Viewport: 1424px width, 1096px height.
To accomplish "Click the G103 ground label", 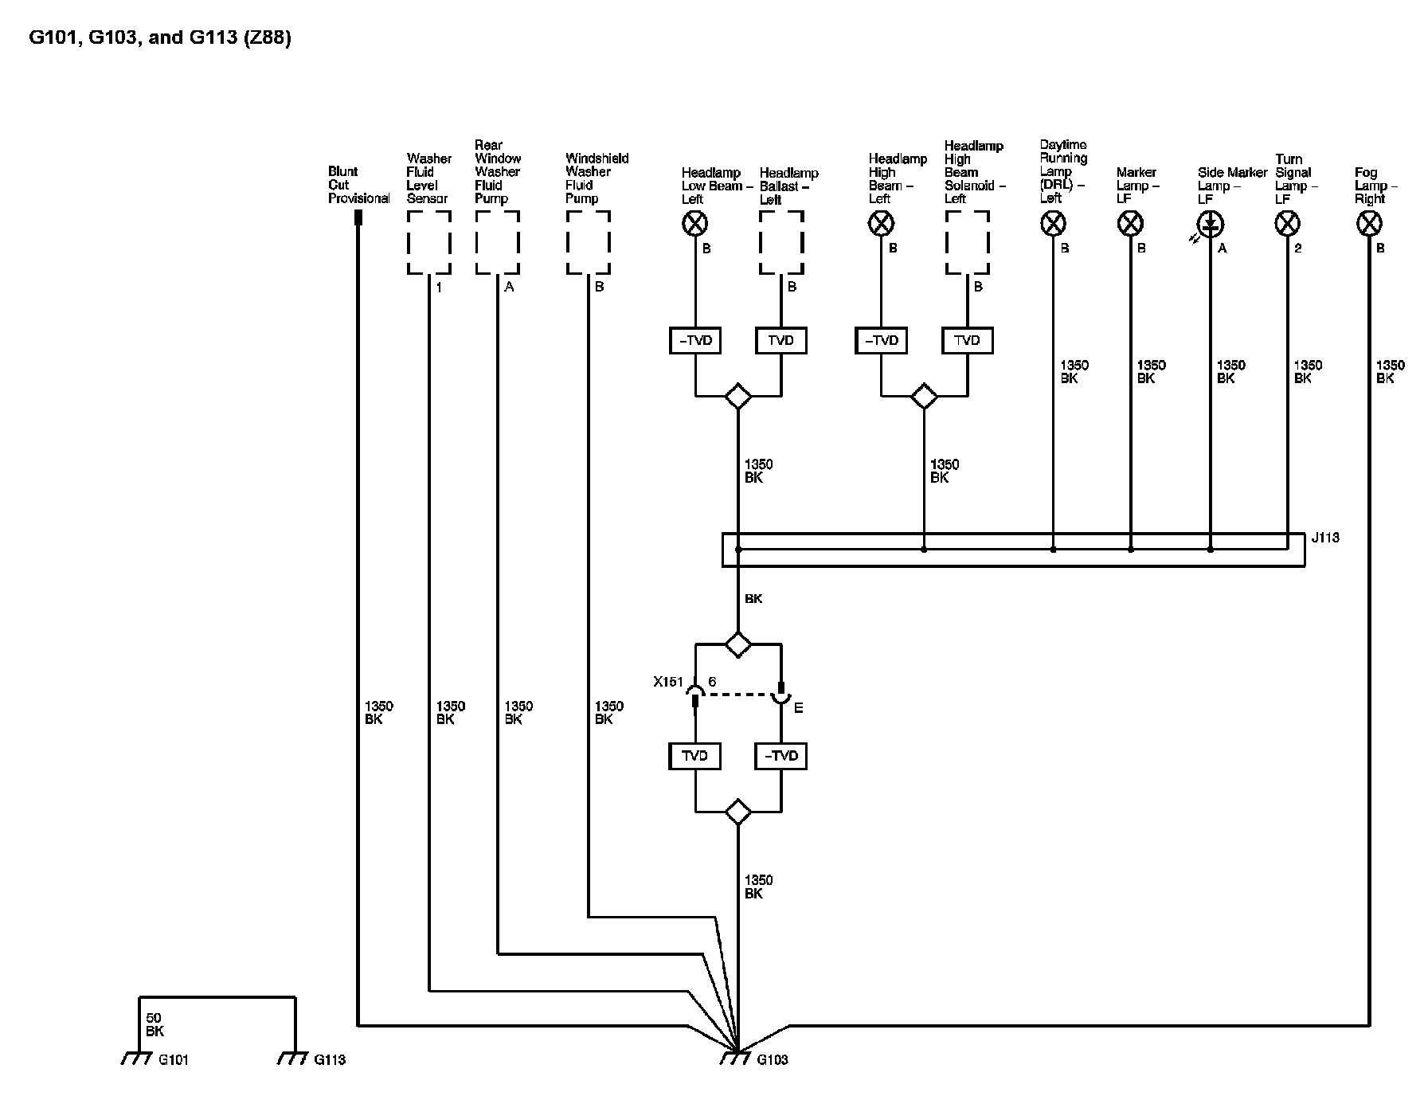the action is point(772,1059).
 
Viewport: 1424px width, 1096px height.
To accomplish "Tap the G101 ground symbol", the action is point(137,1059).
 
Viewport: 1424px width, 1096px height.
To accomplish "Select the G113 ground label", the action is point(330,1059).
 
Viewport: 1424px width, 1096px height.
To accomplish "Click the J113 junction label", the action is point(1325,538).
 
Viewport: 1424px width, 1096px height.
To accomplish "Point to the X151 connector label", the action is point(667,682).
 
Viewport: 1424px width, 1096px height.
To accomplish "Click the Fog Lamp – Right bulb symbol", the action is point(1368,224).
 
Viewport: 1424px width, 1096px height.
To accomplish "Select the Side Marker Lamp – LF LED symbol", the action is point(1211,224).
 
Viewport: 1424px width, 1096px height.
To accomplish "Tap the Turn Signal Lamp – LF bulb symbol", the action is point(1288,224).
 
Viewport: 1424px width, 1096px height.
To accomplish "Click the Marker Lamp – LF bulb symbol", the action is point(1131,224).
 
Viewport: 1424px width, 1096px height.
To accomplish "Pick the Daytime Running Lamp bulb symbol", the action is point(1053,224).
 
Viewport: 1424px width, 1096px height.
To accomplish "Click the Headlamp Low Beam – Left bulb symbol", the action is point(695,224).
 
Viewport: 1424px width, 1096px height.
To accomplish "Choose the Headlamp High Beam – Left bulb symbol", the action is point(881,224).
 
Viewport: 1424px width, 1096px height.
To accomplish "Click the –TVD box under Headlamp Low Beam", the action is point(695,341).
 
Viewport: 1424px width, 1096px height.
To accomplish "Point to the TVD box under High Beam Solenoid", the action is point(967,341).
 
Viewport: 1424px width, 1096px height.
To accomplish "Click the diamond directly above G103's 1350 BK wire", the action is point(738,812).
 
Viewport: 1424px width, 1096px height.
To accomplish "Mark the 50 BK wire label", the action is point(155,1024).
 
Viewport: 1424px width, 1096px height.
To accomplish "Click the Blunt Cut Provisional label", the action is point(358,185).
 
